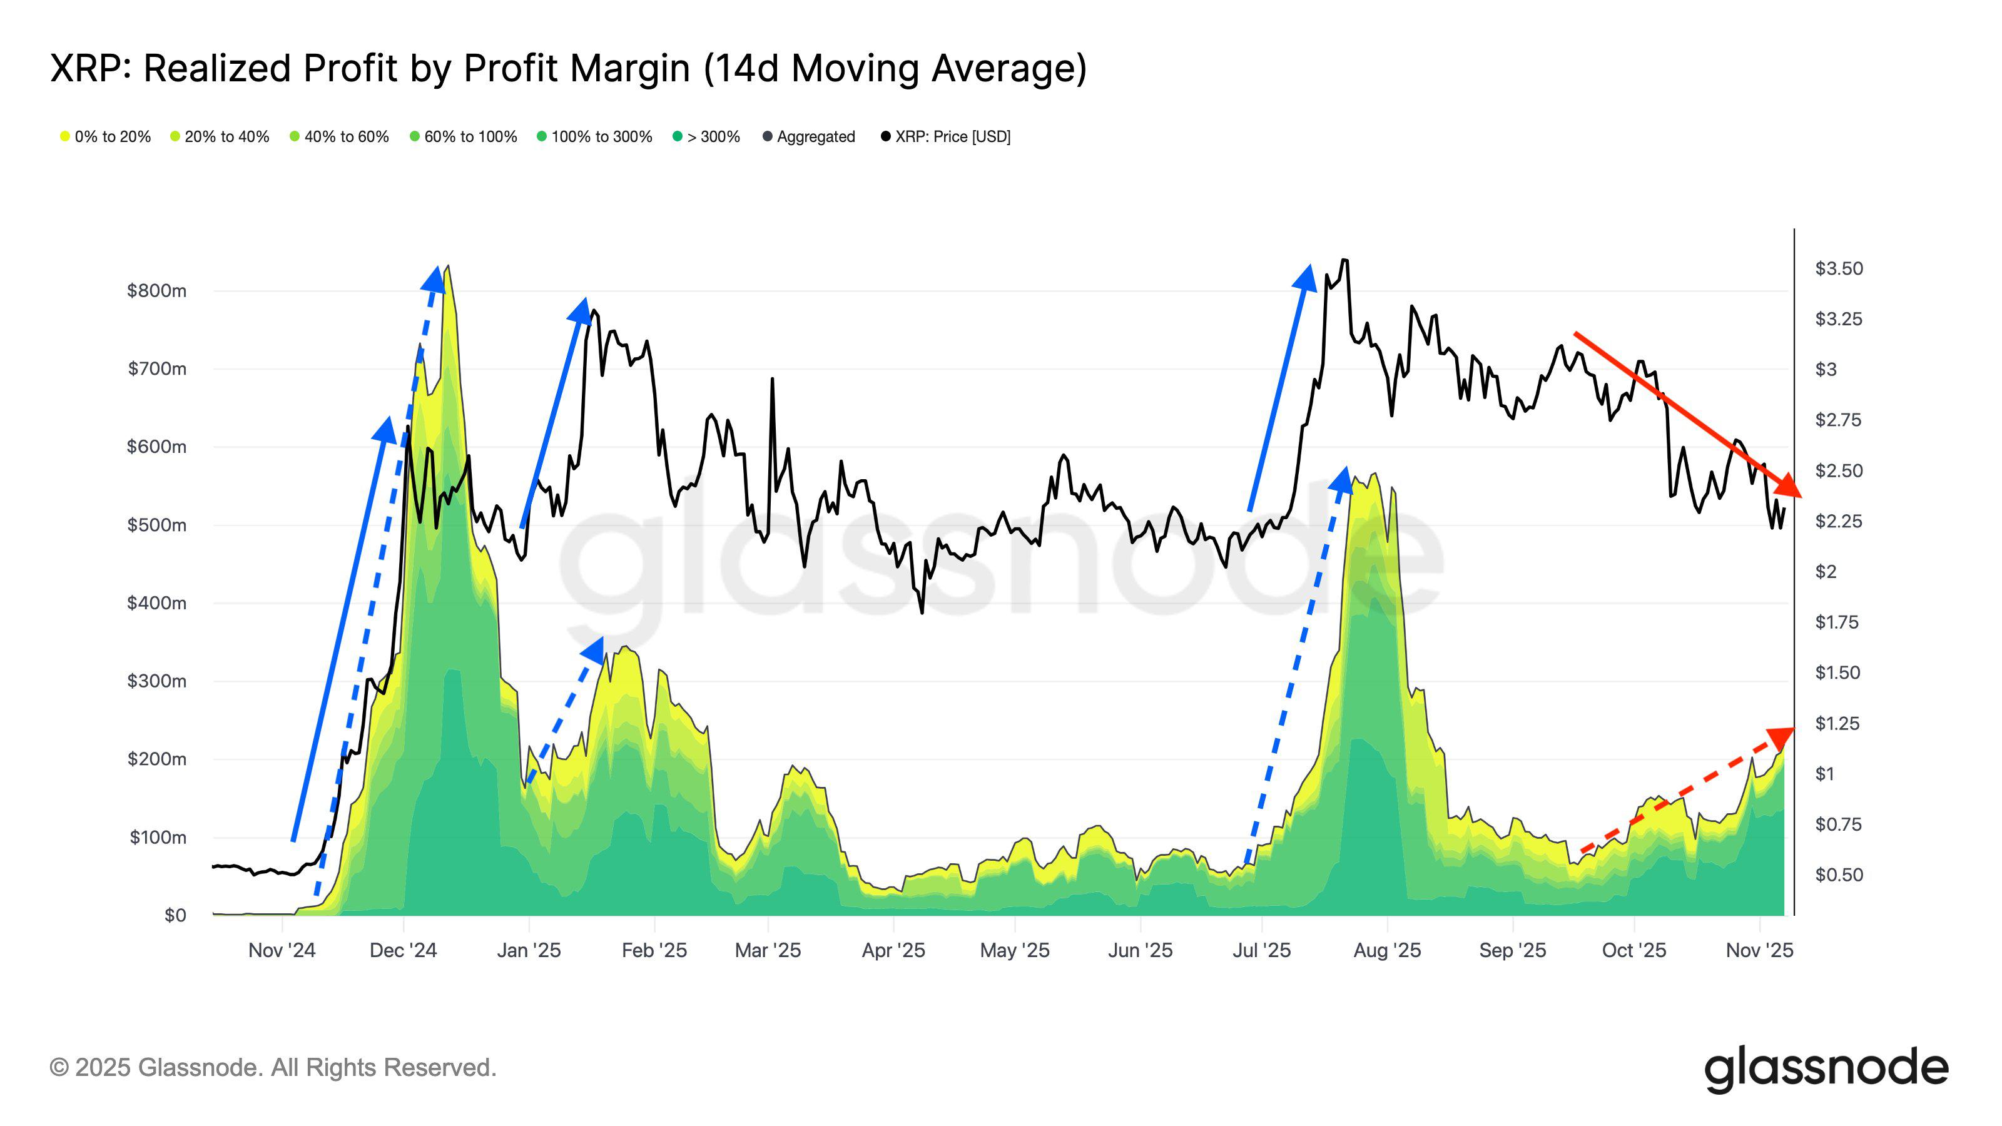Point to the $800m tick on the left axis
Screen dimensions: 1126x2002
pyautogui.click(x=156, y=291)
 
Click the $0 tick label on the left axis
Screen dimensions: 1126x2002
pyautogui.click(x=175, y=915)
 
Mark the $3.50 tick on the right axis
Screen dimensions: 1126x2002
pyautogui.click(x=1838, y=268)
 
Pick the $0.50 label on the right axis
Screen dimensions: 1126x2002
pyautogui.click(x=1838, y=875)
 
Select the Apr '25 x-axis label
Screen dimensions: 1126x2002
pyautogui.click(x=893, y=950)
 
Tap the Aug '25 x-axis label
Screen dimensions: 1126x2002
pyautogui.click(x=1386, y=950)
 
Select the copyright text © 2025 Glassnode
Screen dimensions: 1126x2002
pyautogui.click(x=272, y=1067)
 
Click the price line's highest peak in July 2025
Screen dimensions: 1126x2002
pyautogui.click(x=1344, y=260)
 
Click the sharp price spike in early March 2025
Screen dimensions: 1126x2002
pyautogui.click(x=772, y=379)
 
